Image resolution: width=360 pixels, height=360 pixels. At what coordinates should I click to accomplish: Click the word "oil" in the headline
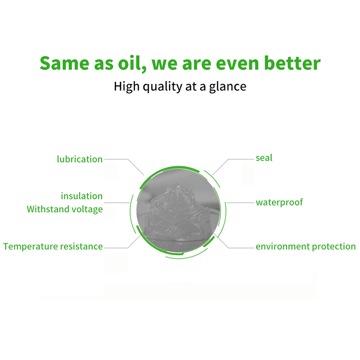132,63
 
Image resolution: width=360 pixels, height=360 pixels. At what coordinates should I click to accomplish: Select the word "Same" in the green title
64,63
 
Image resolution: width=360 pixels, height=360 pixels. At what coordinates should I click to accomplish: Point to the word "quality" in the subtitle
162,87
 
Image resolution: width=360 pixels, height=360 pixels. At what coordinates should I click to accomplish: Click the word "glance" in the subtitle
228,87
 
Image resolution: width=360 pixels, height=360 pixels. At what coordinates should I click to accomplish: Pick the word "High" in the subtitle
126,86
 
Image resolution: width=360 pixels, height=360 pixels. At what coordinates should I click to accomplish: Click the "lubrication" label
80,159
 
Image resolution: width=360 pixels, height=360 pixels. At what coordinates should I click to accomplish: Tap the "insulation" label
82,196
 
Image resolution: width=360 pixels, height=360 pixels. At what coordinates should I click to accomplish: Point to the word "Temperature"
31,247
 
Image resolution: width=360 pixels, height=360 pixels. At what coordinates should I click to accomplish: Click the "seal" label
264,158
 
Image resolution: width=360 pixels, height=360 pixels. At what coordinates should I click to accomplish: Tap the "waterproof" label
279,202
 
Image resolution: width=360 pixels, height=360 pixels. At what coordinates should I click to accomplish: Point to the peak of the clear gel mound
177,184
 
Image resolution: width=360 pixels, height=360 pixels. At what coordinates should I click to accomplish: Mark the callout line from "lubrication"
128,159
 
